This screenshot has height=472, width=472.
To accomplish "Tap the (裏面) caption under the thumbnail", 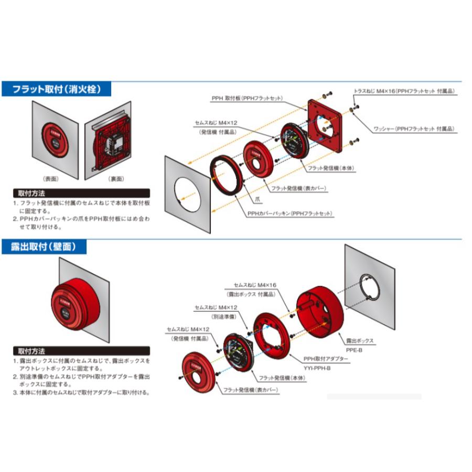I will pos(115,179).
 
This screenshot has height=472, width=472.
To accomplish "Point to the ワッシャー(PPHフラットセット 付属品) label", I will pos(414,129).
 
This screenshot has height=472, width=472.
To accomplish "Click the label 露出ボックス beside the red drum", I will pos(359,340).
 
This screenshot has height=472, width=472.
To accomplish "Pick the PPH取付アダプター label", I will pos(326,359).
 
